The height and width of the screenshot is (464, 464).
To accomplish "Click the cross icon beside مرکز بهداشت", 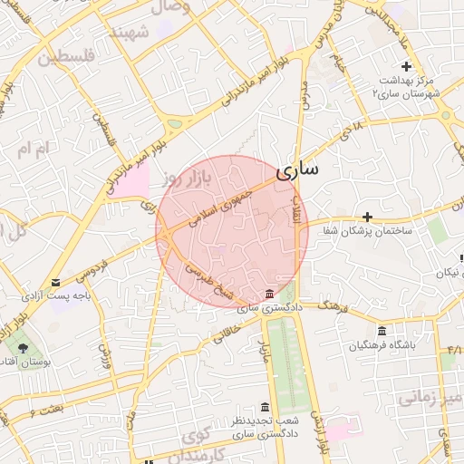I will point(406,66).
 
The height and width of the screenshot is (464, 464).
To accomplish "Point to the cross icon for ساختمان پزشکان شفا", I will point(367,217).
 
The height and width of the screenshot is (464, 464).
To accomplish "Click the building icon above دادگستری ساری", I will point(269,294).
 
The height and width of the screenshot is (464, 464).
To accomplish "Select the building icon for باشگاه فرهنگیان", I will point(382,331).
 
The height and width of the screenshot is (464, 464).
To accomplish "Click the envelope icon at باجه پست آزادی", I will point(56,283).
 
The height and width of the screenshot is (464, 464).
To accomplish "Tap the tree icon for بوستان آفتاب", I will point(22,347).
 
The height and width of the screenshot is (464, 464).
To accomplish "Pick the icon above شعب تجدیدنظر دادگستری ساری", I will point(264,406).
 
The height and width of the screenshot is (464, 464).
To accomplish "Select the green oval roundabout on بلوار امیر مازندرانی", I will point(174,124).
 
